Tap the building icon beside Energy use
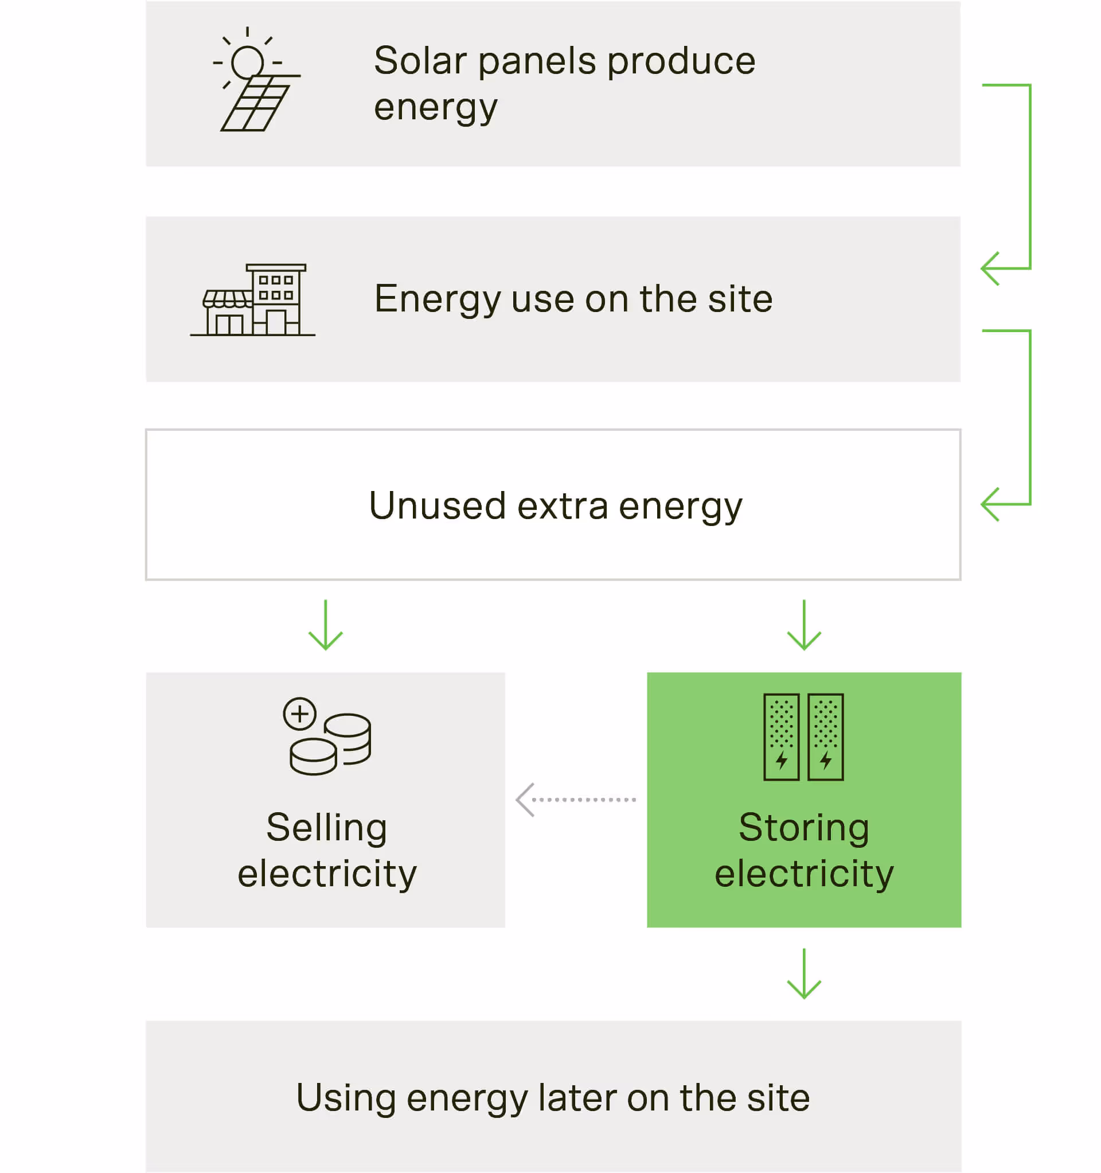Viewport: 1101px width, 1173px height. (253, 301)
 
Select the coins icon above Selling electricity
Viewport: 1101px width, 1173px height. (327, 736)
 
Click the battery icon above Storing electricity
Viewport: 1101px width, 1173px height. (803, 737)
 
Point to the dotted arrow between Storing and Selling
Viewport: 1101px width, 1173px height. (576, 800)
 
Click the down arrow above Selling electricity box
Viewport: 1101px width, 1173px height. (326, 625)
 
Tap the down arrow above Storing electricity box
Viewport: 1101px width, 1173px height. (803, 625)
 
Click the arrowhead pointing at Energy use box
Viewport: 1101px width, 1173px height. (991, 268)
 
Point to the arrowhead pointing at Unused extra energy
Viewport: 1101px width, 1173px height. (991, 505)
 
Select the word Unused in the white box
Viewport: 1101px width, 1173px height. (437, 506)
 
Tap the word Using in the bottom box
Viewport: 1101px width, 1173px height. (346, 1098)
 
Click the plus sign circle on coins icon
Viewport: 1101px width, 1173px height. (300, 714)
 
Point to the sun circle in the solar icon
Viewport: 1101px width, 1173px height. (247, 62)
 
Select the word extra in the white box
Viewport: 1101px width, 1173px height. (563, 506)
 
